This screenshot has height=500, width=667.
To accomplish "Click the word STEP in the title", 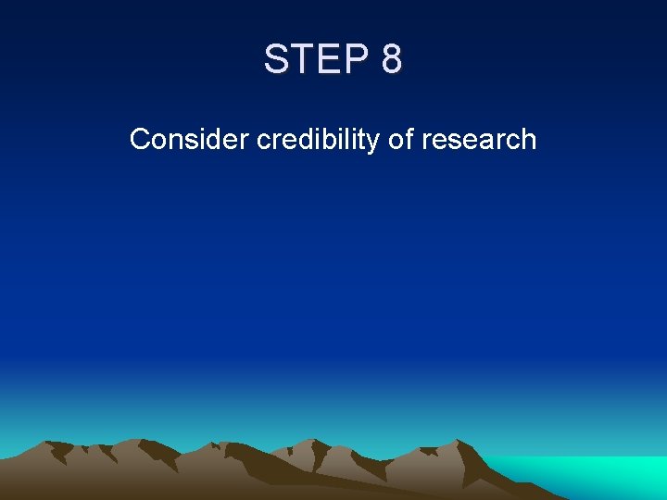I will pyautogui.click(x=316, y=59).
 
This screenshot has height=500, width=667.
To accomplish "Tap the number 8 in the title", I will pyautogui.click(x=391, y=59).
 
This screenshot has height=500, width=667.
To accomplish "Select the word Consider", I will pyautogui.click(x=190, y=140).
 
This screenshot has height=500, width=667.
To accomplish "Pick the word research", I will pyautogui.click(x=479, y=140).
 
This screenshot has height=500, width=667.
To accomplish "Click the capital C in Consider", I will pyautogui.click(x=140, y=140).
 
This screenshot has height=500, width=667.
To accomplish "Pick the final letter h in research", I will pyautogui.click(x=529, y=140).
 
